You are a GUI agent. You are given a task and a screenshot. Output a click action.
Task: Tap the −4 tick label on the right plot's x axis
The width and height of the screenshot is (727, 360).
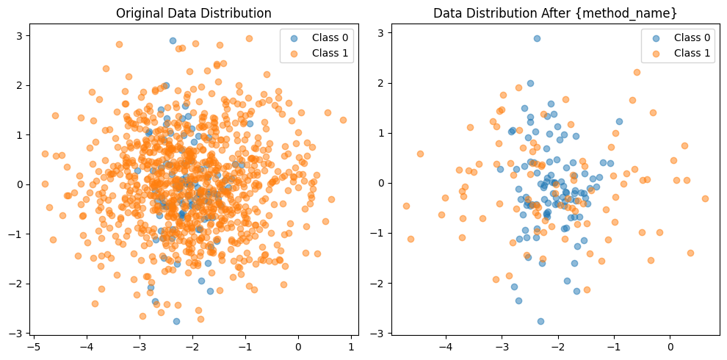445,345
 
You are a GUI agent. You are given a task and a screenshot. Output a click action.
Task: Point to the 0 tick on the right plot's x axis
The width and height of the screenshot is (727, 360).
670,345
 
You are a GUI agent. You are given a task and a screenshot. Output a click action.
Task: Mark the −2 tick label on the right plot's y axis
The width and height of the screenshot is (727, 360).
377,283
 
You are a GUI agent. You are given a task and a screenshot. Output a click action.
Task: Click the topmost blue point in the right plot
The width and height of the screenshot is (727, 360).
537,38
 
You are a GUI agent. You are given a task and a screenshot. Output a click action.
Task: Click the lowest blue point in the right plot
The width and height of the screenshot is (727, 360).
540,321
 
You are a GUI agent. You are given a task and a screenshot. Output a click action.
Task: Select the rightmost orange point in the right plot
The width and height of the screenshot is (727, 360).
705,198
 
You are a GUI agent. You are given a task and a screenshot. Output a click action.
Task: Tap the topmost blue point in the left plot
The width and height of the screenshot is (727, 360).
173,40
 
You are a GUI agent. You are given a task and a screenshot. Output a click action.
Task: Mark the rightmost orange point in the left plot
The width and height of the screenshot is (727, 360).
343,120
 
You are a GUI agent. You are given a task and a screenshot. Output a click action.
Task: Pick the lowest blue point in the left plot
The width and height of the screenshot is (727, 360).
176,321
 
